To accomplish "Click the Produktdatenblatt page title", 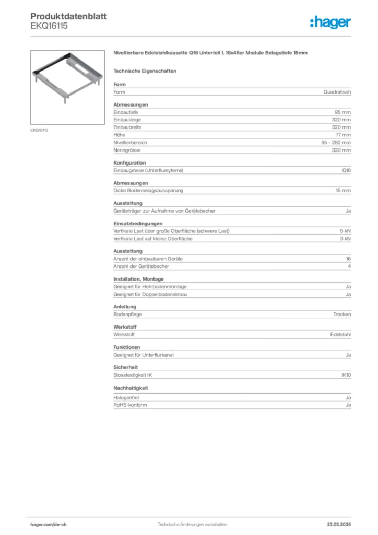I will [x=68, y=16].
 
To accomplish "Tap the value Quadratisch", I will [x=337, y=92].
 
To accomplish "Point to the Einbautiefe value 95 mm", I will [x=342, y=112].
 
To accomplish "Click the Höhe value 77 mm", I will [x=343, y=135].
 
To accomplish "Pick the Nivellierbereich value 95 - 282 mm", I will [x=336, y=142].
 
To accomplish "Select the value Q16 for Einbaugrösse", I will [x=346, y=170].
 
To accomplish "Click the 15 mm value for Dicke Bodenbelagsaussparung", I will [x=342, y=191].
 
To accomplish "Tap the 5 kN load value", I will [x=345, y=231].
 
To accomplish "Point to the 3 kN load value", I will [x=345, y=239].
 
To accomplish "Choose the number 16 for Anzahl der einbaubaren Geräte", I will [x=348, y=259].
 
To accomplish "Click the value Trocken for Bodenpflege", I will [x=342, y=315].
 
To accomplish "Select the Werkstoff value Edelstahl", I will [x=340, y=334].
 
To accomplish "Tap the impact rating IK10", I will [x=346, y=375].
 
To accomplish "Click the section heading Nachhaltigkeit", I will [x=131, y=388].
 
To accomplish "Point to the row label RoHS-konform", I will [x=130, y=405].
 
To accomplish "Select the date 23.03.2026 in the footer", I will [x=338, y=524].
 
